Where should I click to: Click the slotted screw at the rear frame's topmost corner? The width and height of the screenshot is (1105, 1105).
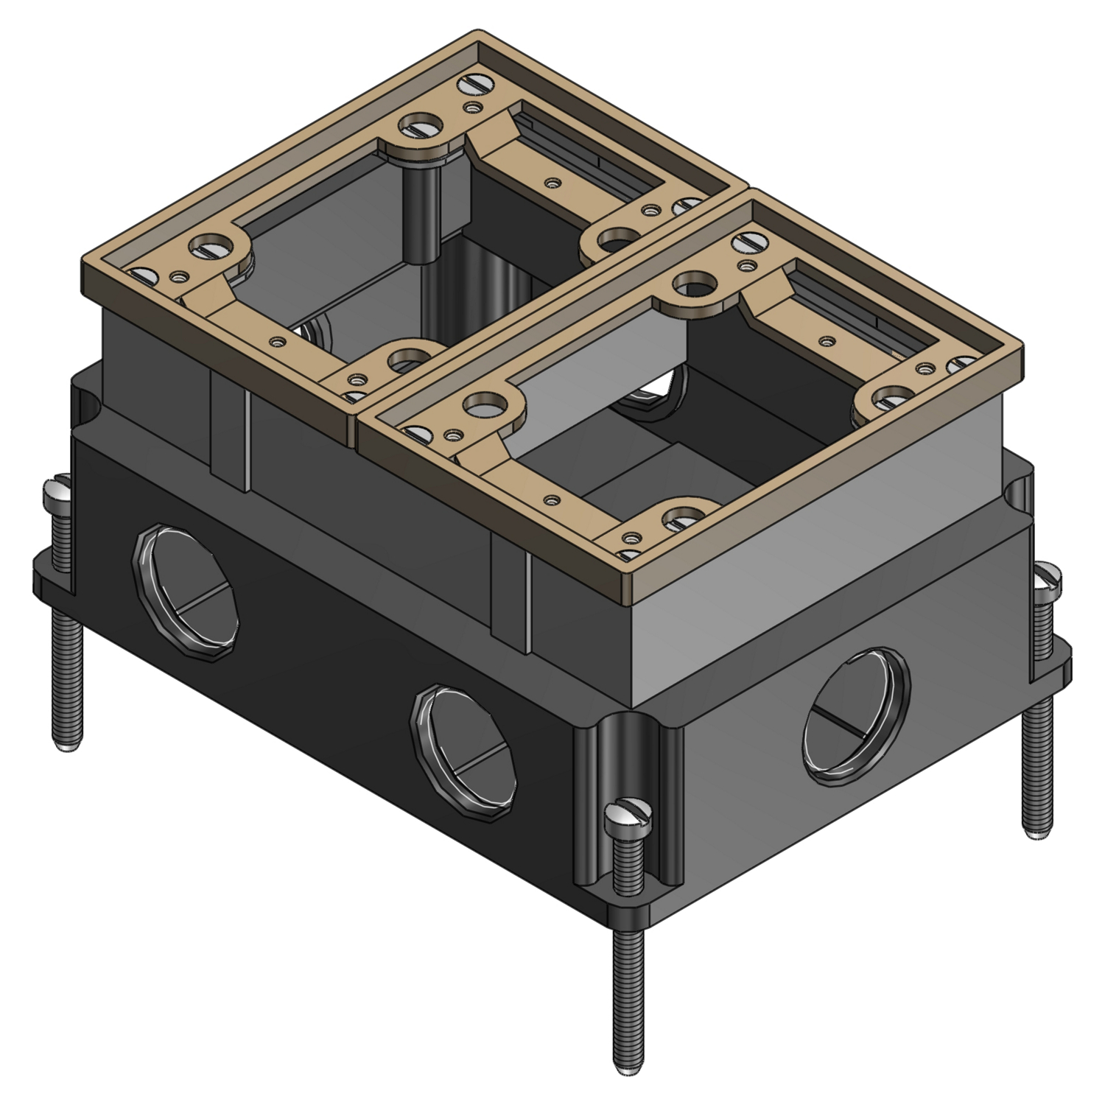coord(470,86)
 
